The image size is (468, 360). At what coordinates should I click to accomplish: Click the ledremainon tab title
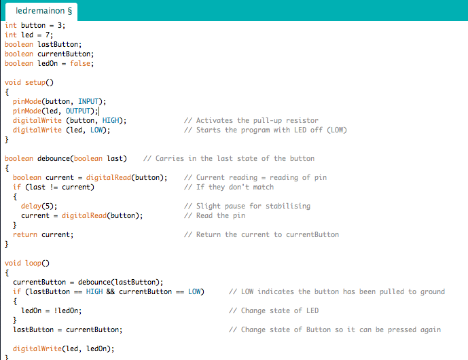(x=39, y=11)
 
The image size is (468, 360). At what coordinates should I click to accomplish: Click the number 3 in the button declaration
(x=60, y=25)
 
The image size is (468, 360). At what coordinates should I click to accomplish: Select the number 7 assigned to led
(x=48, y=35)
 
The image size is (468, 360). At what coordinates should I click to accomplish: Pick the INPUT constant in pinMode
(x=88, y=101)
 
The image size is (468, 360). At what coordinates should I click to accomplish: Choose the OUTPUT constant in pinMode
(x=78, y=111)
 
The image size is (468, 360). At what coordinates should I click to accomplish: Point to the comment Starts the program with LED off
(x=266, y=130)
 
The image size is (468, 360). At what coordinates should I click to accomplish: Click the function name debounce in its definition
(x=54, y=158)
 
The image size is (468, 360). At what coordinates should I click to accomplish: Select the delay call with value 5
(x=39, y=206)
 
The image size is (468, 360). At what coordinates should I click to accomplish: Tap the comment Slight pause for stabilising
(x=247, y=206)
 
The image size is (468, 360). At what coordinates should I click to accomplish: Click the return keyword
(x=25, y=234)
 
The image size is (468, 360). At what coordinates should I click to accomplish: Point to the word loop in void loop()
(x=33, y=264)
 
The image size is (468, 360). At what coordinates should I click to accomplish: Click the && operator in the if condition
(x=111, y=291)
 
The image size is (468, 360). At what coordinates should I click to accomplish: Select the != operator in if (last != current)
(x=54, y=187)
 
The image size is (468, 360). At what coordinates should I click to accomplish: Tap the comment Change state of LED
(x=274, y=310)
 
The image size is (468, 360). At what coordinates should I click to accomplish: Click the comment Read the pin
(x=215, y=216)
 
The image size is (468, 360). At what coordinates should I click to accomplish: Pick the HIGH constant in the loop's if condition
(x=94, y=291)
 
